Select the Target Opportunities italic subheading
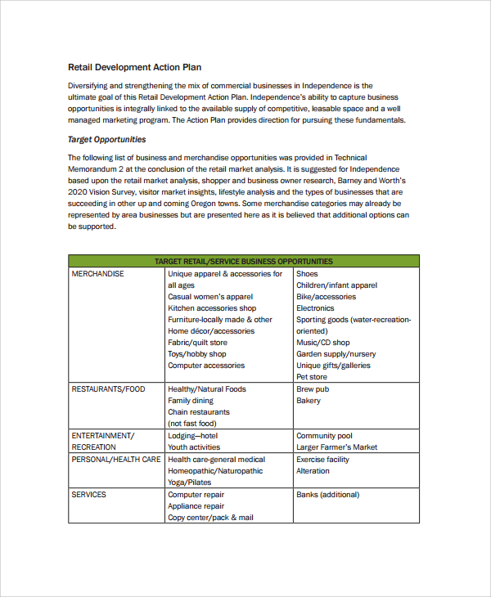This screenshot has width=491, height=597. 106,139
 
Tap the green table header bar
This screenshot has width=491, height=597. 243,262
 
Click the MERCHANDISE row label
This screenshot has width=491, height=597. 97,274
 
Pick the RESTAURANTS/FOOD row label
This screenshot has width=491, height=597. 108,389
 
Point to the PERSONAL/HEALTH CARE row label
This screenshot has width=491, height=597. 115,460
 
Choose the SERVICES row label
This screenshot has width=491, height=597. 88,495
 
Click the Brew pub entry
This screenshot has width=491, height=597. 313,389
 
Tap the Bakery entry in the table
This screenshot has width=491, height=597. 309,401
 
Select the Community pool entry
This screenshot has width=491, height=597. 324,436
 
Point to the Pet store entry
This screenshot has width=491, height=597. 312,377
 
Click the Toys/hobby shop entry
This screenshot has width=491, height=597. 197,354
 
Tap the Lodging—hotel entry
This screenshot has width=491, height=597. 193,436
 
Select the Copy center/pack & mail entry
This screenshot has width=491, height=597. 211,518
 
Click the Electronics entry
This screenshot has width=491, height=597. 315,308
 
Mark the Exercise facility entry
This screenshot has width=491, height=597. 322,460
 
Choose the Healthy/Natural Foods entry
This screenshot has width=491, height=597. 207,389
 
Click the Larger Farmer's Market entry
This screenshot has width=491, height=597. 336,447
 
